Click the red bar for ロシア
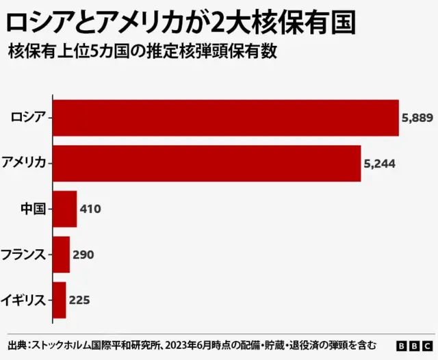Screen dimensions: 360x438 [226, 118]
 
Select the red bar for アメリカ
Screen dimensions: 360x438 [207, 164]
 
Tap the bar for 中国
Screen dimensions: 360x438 [64, 209]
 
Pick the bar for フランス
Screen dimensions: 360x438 [61, 255]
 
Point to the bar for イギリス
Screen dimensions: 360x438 [59, 300]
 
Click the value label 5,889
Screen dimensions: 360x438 [417, 118]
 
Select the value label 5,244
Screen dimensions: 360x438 [379, 164]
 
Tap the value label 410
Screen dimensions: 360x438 [90, 209]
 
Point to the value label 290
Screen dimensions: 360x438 [83, 255]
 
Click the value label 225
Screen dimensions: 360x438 [79, 300]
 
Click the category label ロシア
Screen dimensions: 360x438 [28, 118]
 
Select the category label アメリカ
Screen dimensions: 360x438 [24, 164]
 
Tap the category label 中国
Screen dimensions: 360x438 [34, 209]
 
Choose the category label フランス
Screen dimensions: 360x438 [24, 255]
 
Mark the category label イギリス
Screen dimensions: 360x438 [24, 300]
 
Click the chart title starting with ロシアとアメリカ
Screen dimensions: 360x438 [181, 24]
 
